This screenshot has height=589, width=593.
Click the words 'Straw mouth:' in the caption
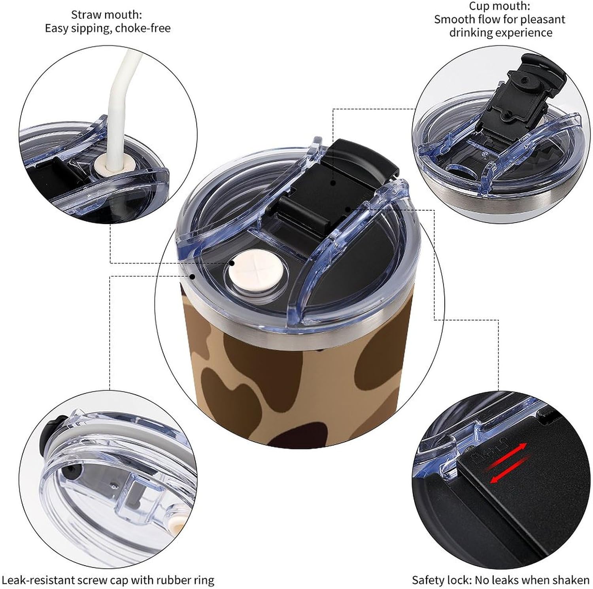pos(107,15)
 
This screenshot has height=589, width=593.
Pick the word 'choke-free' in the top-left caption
pos(143,28)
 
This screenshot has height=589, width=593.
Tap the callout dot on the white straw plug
pos(232,262)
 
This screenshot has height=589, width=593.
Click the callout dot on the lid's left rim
pos(193,276)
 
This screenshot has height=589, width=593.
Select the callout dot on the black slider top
pos(334,183)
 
